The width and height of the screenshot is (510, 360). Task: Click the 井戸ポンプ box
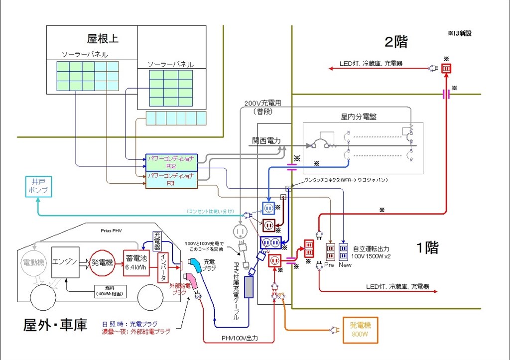[x=39, y=186]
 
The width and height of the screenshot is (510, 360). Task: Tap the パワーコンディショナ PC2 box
[x=171, y=162]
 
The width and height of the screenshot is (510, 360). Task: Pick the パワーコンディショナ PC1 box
[x=171, y=180]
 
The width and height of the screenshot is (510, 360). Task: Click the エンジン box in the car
[x=65, y=262]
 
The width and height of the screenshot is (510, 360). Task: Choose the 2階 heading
[x=396, y=42]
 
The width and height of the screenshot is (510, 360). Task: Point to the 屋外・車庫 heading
[x=55, y=325]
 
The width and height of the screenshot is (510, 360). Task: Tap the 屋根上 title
[x=103, y=39]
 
